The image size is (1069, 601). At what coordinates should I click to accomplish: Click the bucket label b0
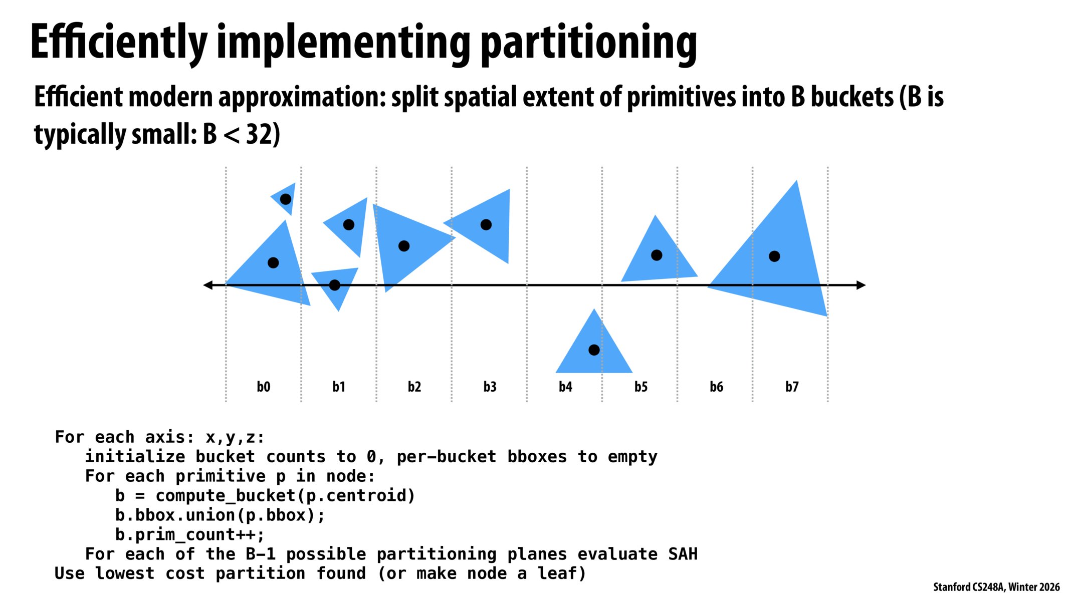pos(263,387)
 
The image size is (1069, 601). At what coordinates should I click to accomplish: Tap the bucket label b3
pos(490,387)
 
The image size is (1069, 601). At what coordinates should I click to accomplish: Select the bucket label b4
pos(565,387)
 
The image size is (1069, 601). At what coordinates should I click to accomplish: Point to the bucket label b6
pos(716,387)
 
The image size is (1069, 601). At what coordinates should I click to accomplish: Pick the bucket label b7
pos(792,387)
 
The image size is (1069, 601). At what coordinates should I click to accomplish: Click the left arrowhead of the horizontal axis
pos(207,285)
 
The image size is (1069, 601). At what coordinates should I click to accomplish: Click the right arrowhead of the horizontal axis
pos(862,285)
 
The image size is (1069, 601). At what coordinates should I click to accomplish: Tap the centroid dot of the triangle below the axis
pos(594,350)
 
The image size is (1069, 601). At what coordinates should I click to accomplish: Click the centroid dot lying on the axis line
pos(334,285)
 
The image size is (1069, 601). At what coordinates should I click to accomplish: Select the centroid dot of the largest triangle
pos(774,256)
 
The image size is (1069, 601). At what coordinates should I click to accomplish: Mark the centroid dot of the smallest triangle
pos(286,199)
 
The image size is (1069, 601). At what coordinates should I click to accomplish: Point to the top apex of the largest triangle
pos(796,182)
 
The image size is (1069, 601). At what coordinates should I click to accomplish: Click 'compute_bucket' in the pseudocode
pos(225,496)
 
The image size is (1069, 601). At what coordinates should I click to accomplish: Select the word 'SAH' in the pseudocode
pos(683,554)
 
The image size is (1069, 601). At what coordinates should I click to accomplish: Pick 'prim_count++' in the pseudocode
pos(190,535)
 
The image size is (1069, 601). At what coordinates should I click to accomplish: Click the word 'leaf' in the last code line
pos(557,573)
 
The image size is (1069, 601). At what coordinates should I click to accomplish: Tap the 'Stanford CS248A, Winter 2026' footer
pos(996,587)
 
